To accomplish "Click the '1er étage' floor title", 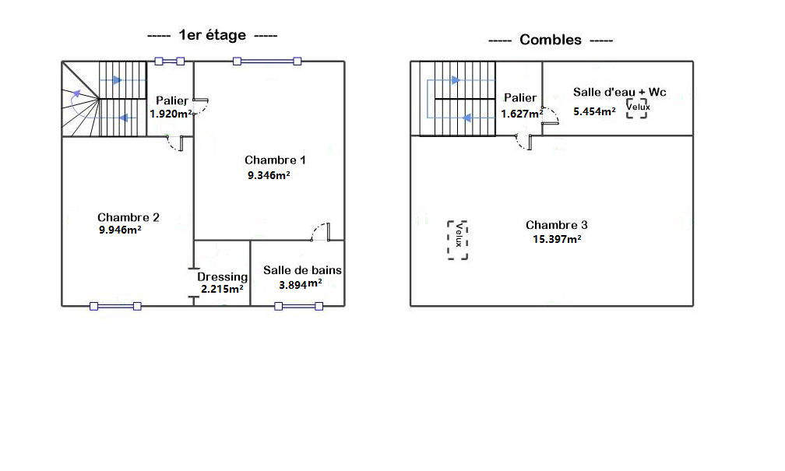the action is tap(213, 35).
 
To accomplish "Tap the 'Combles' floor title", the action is tap(551, 40).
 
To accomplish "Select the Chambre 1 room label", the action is tap(275, 160).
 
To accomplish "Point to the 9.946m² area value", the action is tap(120, 230).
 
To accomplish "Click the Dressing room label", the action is tap(222, 277).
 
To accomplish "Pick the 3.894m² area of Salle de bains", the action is tap(301, 284).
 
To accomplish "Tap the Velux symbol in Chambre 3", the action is tap(458, 241).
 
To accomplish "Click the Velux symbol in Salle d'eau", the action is tap(637, 108).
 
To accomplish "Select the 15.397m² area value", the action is tap(558, 239).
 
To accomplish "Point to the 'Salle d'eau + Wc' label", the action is tap(620, 92).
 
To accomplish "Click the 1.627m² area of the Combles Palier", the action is tap(522, 114).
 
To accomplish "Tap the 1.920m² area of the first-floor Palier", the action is tap(171, 114).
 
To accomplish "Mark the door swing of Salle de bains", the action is tap(320, 231).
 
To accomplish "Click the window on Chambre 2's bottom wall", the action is tap(115, 306).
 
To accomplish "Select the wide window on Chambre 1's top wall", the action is tap(267, 61).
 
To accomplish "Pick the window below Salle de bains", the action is tap(298, 306).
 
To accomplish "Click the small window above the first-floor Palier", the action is tap(170, 61).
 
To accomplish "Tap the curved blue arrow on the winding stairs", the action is tap(73, 103).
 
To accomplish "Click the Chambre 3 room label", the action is tap(557, 225).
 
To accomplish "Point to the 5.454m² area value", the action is tap(595, 111).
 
